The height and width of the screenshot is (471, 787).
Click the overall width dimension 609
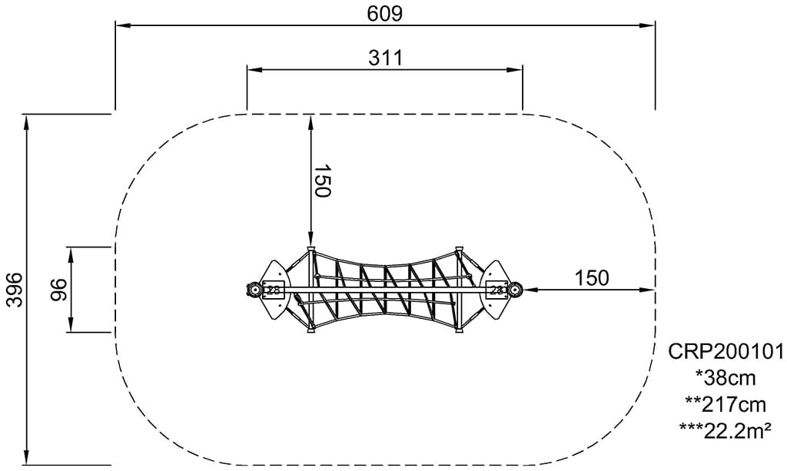tap(384, 14)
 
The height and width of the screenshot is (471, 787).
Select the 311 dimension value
tap(386, 58)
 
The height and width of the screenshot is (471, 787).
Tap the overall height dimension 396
tap(15, 290)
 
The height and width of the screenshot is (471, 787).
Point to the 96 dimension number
tap(58, 290)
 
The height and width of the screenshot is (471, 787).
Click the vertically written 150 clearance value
tap(322, 181)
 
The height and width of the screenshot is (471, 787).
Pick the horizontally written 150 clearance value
tap(591, 277)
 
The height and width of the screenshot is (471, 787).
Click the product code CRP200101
tap(726, 352)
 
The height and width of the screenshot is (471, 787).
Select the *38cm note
tap(726, 378)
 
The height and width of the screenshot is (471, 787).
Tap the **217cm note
tap(726, 404)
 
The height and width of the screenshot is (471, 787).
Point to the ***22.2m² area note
tap(726, 430)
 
